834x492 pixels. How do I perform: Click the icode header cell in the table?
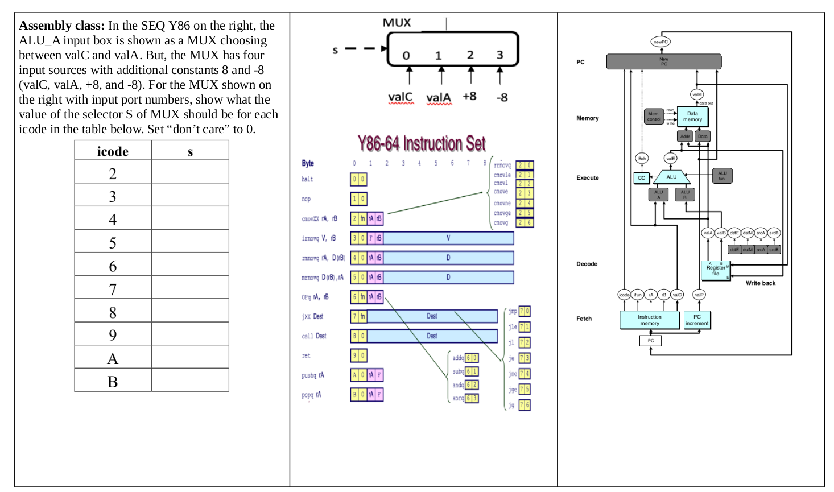(x=113, y=151)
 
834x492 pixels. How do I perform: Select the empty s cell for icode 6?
(x=190, y=266)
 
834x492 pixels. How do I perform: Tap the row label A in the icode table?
(x=113, y=358)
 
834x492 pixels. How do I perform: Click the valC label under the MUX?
(x=400, y=97)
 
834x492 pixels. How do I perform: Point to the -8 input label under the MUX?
(x=501, y=97)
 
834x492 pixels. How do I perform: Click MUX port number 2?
(x=470, y=55)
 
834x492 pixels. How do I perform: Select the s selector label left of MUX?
(x=335, y=50)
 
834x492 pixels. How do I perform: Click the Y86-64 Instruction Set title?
(x=422, y=143)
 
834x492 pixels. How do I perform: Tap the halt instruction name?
(x=307, y=179)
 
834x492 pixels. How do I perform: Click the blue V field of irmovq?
(x=448, y=238)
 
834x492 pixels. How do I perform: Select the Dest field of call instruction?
(x=432, y=336)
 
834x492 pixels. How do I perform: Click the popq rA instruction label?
(x=311, y=395)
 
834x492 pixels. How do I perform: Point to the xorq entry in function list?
(x=458, y=398)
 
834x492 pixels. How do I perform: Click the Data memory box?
(x=692, y=117)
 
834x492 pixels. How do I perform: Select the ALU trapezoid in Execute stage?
(x=671, y=177)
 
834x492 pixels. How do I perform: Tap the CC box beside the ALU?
(x=641, y=178)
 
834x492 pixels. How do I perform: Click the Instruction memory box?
(x=649, y=320)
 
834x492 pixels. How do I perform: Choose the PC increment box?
(x=697, y=320)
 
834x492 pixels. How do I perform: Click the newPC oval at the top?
(x=660, y=42)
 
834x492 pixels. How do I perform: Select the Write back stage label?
(x=761, y=283)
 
